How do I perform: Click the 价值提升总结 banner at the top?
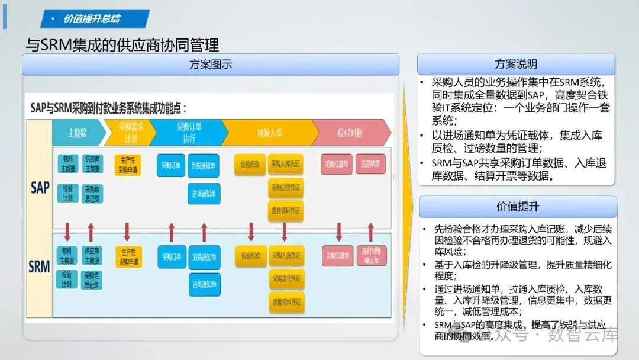(x=95, y=19)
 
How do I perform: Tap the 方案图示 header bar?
(x=211, y=65)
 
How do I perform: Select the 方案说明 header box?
(x=516, y=64)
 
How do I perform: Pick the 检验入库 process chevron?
(x=267, y=133)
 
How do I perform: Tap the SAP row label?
(x=40, y=188)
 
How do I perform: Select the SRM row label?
(x=40, y=266)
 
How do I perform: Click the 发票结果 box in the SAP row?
(x=370, y=164)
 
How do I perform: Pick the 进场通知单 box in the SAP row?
(x=204, y=194)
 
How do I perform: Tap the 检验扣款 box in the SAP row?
(x=250, y=164)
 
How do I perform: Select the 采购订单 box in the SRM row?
(x=171, y=257)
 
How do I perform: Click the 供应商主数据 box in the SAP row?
(x=92, y=164)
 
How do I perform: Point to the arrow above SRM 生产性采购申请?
(x=127, y=232)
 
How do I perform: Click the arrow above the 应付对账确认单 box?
(x=371, y=232)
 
